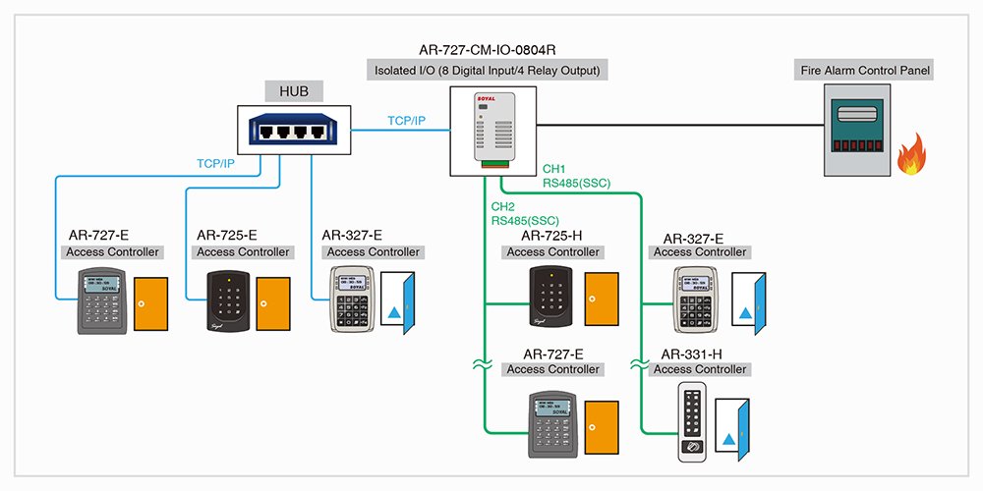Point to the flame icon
click(914, 157)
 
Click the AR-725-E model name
click(227, 235)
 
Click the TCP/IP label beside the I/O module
click(406, 121)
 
